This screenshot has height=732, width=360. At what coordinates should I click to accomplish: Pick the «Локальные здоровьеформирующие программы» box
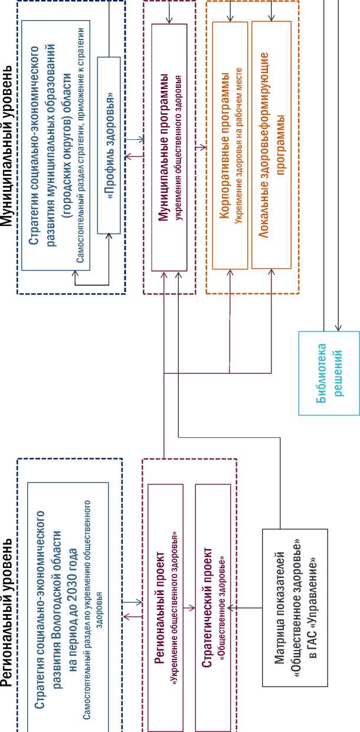(271, 146)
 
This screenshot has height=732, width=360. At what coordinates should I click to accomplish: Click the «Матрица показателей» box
(294, 608)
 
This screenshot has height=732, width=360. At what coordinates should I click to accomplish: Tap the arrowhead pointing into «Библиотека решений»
(338, 329)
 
